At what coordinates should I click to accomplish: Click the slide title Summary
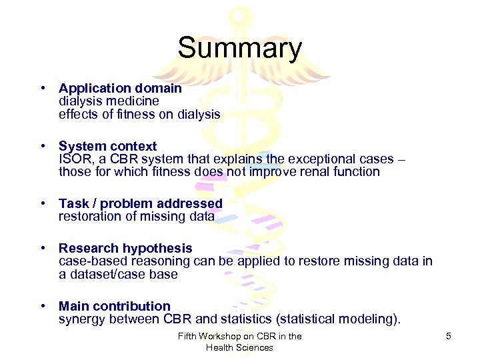click(x=239, y=49)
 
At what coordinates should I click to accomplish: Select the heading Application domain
click(x=120, y=88)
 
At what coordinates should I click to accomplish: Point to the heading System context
click(x=107, y=146)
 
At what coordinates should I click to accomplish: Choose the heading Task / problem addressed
click(x=140, y=203)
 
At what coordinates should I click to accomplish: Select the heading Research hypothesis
click(x=125, y=248)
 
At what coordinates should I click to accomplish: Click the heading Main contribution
click(x=114, y=306)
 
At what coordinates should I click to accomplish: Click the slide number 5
click(x=449, y=336)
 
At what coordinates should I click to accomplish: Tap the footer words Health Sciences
click(x=239, y=347)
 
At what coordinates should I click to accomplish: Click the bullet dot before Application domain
click(x=42, y=88)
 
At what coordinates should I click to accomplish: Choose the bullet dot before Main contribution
click(x=42, y=306)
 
